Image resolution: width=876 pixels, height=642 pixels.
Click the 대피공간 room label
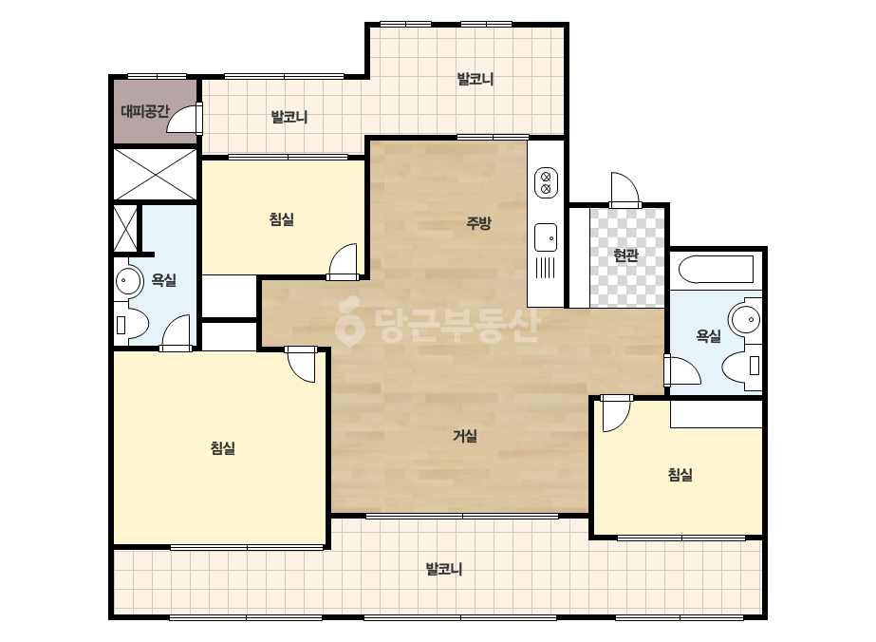tap(144, 111)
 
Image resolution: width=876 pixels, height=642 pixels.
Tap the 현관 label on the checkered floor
tap(625, 255)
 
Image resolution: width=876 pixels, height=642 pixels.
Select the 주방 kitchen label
tap(478, 223)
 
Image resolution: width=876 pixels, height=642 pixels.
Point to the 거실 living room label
tap(465, 436)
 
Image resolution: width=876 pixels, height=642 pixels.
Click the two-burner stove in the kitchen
tap(547, 183)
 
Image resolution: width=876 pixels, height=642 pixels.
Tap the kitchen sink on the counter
tap(546, 237)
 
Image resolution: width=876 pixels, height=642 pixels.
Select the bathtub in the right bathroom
tap(716, 270)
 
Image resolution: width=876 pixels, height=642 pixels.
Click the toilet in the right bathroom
tap(742, 367)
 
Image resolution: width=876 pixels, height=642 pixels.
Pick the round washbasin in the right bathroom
tap(745, 320)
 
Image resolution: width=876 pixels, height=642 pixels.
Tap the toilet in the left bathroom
tap(132, 326)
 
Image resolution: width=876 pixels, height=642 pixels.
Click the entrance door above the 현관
tap(625, 190)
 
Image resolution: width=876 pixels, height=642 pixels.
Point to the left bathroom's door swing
tap(176, 333)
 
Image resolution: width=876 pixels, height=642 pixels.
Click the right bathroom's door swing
tap(682, 369)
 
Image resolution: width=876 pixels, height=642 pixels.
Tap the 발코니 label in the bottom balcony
tap(444, 569)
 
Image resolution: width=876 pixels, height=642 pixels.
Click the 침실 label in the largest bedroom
tap(222, 448)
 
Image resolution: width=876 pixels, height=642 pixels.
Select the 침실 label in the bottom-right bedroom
tap(680, 475)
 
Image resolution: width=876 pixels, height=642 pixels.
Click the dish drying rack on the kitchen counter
tap(546, 267)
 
